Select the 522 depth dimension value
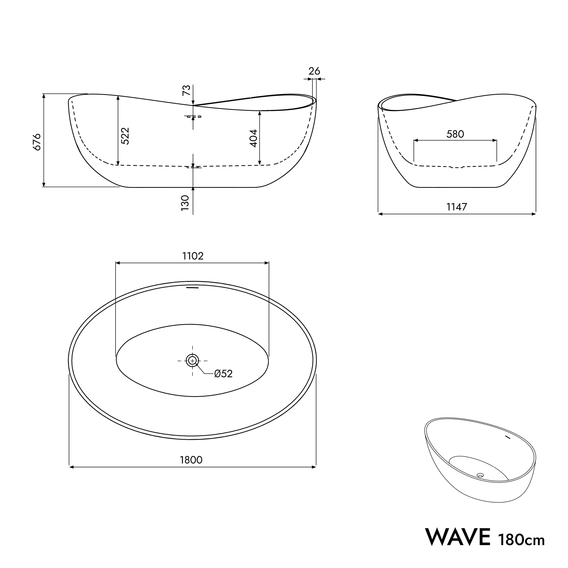coord(125,136)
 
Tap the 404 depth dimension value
coord(253,138)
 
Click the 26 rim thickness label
coord(314,71)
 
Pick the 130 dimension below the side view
coord(185,203)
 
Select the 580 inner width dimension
coord(455,134)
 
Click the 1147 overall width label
coord(457,207)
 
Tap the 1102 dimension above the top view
coord(193,256)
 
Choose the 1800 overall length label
coord(191,460)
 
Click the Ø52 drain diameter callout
coord(223,374)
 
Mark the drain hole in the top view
coord(192,360)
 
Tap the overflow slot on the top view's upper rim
coord(193,288)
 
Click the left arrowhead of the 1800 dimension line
coord(71,467)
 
